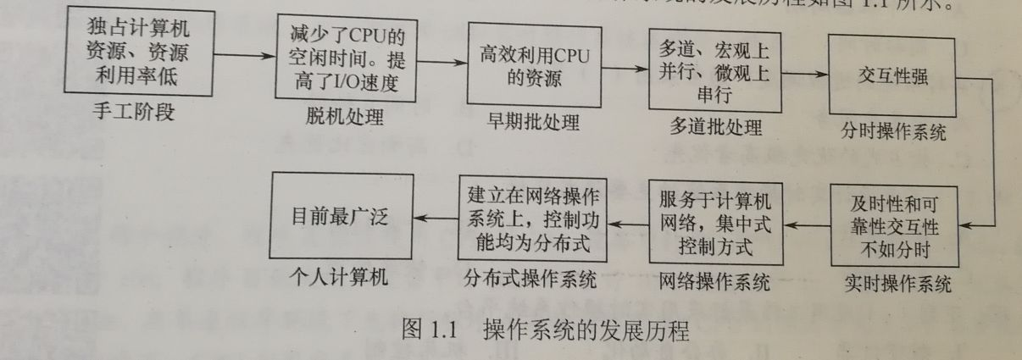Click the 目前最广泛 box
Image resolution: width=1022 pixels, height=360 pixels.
tap(342, 216)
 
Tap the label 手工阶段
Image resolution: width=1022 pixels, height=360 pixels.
tap(135, 111)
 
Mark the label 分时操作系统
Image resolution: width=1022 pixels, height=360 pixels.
tap(893, 133)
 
